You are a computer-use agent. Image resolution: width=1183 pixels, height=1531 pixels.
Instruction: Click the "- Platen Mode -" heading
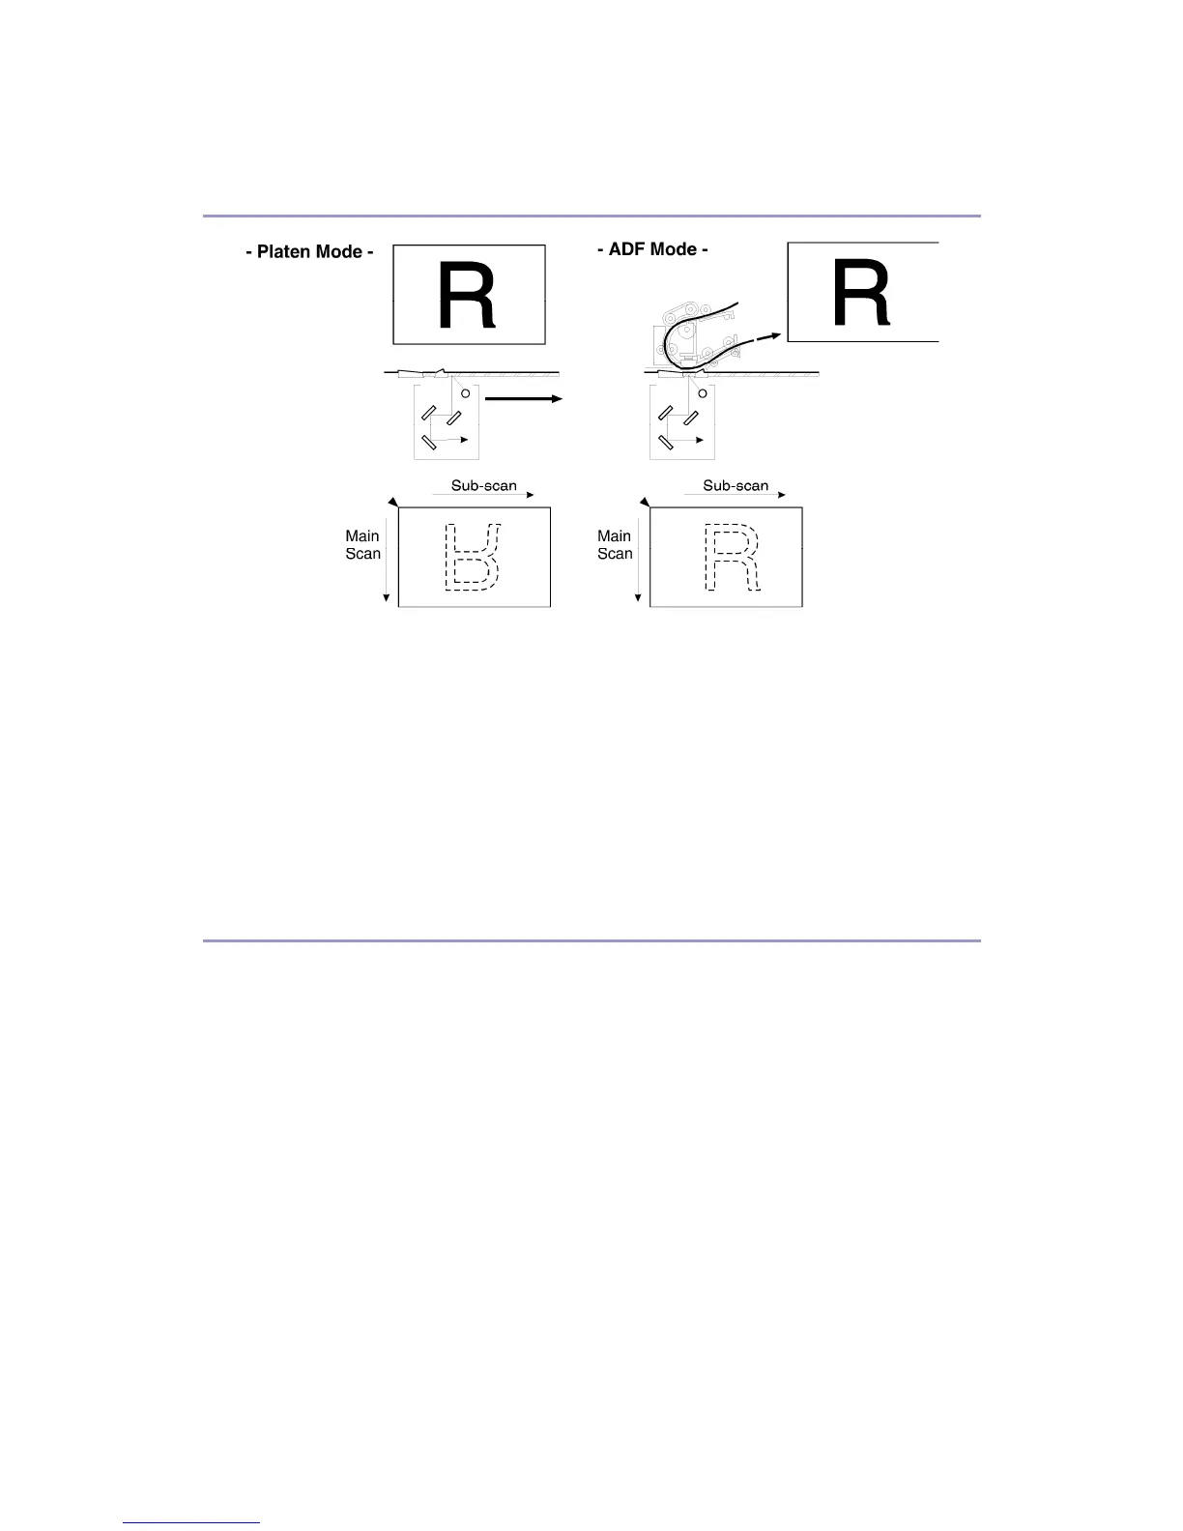coord(309,252)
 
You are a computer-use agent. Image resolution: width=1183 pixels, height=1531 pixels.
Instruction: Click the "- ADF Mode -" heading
coord(652,249)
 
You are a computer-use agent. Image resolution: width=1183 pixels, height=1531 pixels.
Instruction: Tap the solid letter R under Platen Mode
coord(467,297)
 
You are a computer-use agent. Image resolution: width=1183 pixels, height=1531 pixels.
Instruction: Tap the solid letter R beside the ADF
coord(861,296)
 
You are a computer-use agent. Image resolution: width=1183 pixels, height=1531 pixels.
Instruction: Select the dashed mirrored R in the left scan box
coord(473,557)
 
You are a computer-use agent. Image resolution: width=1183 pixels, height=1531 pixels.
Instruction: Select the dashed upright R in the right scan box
coord(732,558)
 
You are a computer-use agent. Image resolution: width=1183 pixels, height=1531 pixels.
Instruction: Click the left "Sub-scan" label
coord(483,485)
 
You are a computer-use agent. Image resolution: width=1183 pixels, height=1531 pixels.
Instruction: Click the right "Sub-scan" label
coord(736,485)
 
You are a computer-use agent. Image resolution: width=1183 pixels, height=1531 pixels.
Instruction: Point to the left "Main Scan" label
coord(363,544)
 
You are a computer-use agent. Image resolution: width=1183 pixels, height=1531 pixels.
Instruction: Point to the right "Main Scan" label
coord(615,544)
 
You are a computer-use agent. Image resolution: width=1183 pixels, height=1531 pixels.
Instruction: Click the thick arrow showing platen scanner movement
coord(522,398)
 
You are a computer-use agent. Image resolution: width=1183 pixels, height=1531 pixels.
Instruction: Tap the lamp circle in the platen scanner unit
coord(465,393)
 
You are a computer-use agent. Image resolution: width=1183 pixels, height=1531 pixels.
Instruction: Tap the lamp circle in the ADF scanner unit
coord(703,393)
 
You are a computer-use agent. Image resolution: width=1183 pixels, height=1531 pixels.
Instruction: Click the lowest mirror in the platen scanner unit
coord(429,444)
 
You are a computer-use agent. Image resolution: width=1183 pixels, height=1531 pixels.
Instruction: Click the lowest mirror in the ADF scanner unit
coord(666,444)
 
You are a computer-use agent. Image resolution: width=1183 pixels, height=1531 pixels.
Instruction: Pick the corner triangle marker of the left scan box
coord(392,501)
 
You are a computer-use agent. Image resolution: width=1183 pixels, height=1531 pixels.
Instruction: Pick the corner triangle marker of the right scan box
coord(644,501)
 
